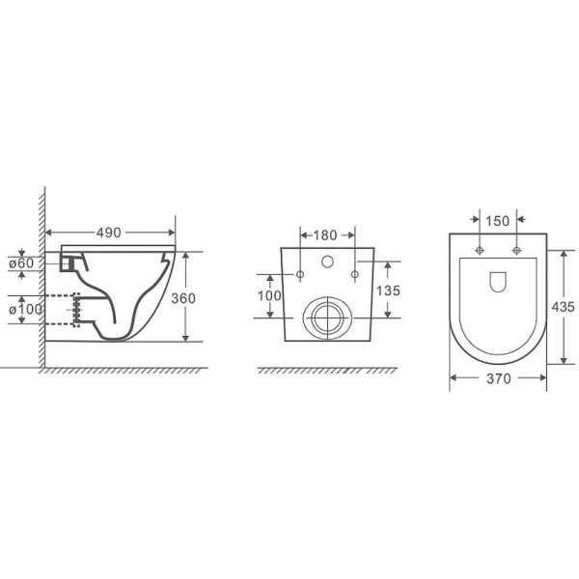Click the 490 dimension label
click(x=108, y=233)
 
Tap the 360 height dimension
click(x=183, y=298)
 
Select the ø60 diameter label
click(x=21, y=263)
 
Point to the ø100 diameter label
click(x=25, y=309)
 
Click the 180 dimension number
click(x=325, y=235)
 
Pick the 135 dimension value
click(x=388, y=290)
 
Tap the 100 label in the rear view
click(x=269, y=296)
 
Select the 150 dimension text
click(x=497, y=221)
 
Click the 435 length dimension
click(x=564, y=307)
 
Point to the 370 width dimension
click(x=499, y=378)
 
